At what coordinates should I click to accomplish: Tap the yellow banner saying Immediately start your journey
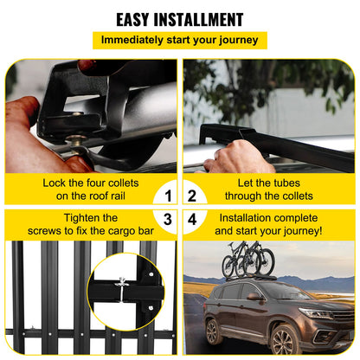coord(180,40)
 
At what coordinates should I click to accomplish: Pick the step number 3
coord(170,220)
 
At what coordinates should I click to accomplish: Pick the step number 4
coord(192,220)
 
